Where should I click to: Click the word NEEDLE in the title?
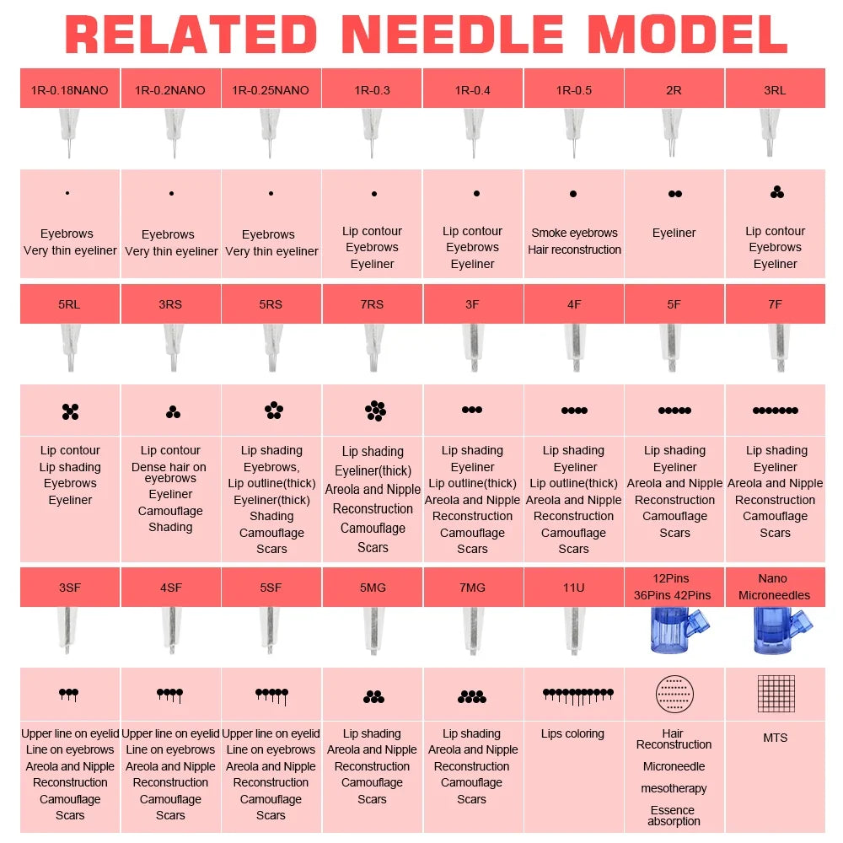click(453, 35)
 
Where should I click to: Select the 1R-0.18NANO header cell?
click(70, 89)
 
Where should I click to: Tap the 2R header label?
click(674, 90)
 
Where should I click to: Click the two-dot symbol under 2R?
click(674, 194)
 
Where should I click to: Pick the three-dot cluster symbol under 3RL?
click(777, 192)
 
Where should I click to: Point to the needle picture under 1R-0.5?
click(573, 133)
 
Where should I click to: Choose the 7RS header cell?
click(372, 303)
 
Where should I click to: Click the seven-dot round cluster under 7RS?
click(375, 411)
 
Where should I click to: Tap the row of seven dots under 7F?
click(776, 411)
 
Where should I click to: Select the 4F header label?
click(574, 304)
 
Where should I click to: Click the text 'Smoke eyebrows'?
click(574, 233)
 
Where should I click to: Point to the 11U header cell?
click(573, 587)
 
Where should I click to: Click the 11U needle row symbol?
click(578, 696)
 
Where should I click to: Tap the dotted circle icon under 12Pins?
click(674, 694)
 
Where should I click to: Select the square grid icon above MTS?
click(776, 694)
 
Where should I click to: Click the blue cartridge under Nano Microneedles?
click(781, 630)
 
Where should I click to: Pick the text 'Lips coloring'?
click(572, 734)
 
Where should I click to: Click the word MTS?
click(776, 738)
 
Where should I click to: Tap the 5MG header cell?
click(372, 587)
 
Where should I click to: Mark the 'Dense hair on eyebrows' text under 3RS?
click(169, 472)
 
